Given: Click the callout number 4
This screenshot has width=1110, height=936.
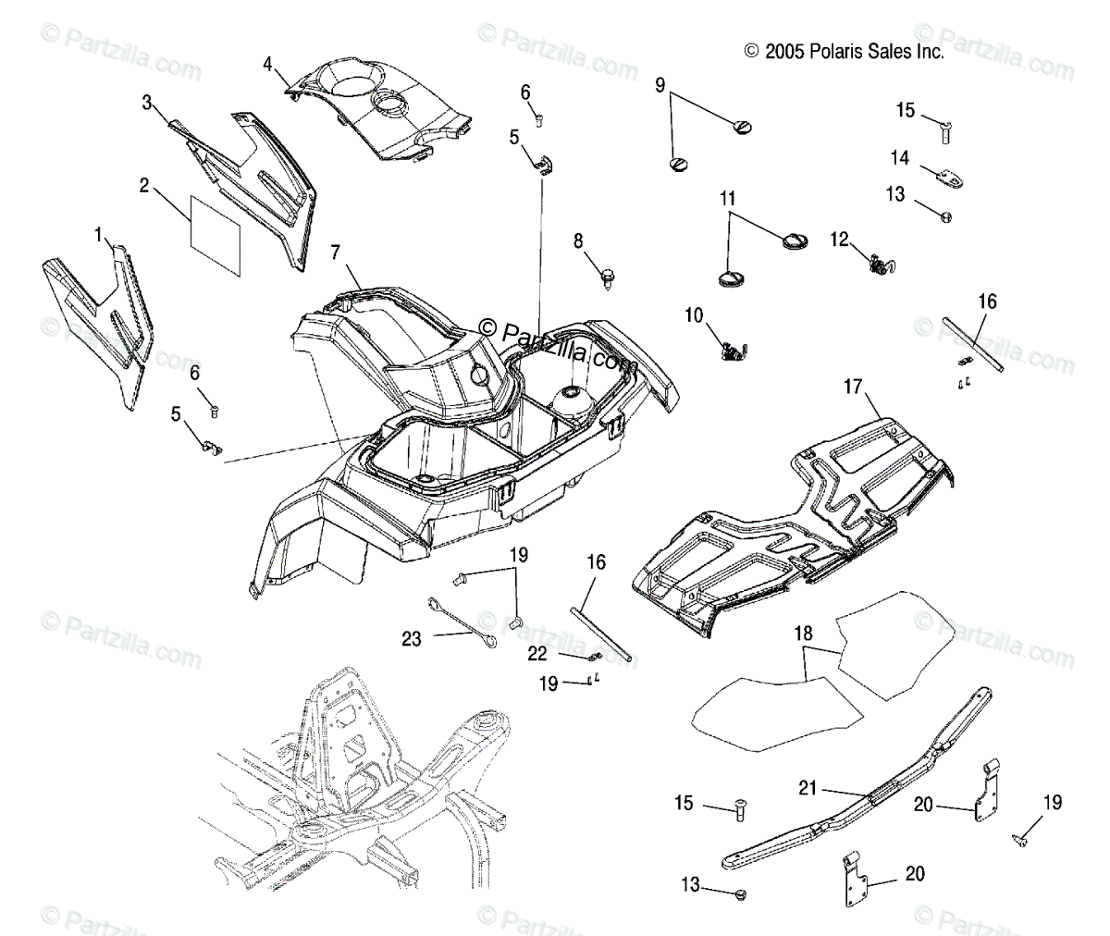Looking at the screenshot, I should pos(267,64).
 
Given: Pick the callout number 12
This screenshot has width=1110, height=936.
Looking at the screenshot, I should pos(838,240).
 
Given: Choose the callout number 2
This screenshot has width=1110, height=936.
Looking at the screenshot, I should pos(144,185).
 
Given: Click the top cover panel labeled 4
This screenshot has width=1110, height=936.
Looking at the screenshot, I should pos(379,102).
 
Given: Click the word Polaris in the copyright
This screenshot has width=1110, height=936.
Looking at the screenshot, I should pos(835,52).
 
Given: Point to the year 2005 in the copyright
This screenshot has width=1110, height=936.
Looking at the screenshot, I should pos(784,52).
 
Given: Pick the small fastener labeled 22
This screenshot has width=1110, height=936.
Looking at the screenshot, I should pos(596,658).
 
